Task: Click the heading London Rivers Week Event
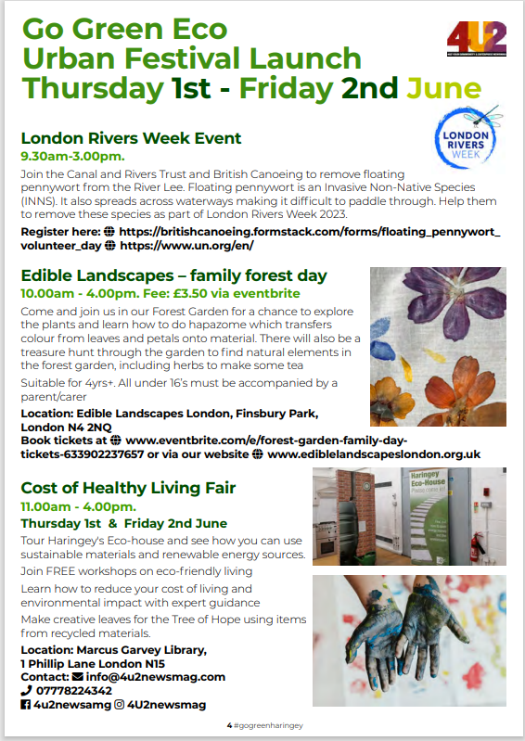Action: [124, 138]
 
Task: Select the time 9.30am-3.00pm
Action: [72, 157]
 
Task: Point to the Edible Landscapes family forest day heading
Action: [173, 275]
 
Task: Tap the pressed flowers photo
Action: [439, 345]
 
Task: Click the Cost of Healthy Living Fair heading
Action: [128, 488]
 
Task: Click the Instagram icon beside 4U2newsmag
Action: [120, 705]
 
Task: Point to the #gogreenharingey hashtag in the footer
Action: [269, 724]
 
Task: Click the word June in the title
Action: [444, 89]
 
